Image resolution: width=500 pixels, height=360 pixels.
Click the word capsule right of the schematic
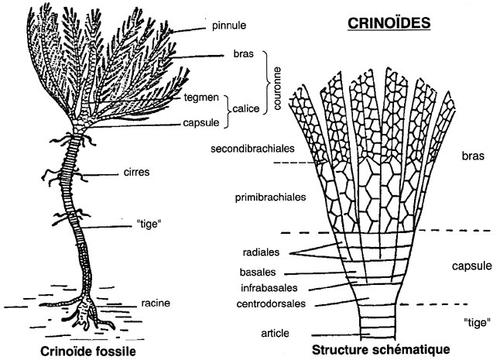coord(471,266)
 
